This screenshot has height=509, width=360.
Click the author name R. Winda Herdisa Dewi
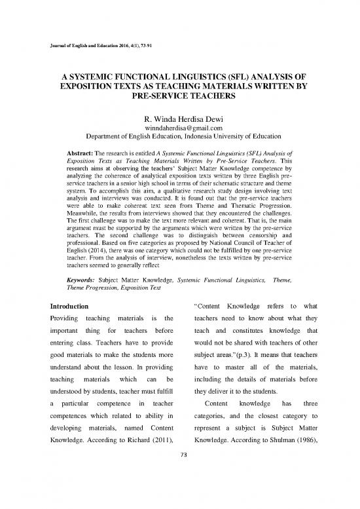click(x=179, y=119)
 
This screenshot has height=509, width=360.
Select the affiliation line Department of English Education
click(x=179, y=140)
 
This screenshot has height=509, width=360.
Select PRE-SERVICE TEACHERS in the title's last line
click(x=179, y=95)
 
